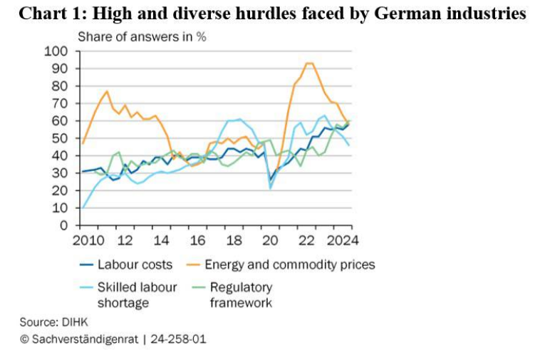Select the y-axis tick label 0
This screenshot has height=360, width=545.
(x=63, y=225)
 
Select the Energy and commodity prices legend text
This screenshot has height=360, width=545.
(x=289, y=264)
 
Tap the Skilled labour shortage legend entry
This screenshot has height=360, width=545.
(x=127, y=295)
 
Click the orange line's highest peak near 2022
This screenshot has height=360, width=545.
(x=308, y=63)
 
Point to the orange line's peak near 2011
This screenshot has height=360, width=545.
(x=107, y=91)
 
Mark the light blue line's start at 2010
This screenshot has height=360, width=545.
(x=83, y=208)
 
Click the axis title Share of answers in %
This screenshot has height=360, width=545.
(x=142, y=36)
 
